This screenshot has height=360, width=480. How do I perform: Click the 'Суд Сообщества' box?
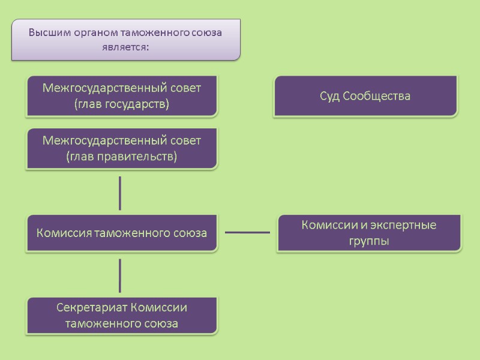(x=365, y=96)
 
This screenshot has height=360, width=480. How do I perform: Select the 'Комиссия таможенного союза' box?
(x=121, y=233)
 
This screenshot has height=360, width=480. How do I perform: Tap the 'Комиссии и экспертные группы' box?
(x=368, y=233)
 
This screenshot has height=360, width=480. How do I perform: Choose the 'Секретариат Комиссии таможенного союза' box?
(x=121, y=316)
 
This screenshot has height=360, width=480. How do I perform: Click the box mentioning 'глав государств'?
(x=121, y=96)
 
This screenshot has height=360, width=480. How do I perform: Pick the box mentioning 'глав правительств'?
(x=121, y=148)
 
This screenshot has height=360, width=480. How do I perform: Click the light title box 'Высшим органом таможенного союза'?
(x=125, y=39)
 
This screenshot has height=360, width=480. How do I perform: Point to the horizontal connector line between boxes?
(x=247, y=232)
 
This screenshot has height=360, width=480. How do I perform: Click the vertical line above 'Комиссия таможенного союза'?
(x=121, y=193)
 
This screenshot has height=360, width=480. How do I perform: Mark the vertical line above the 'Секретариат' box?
(x=121, y=275)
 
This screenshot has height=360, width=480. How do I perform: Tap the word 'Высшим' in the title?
(x=47, y=32)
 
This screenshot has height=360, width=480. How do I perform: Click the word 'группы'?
(x=368, y=241)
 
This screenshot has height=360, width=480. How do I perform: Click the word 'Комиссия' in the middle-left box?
(x=63, y=233)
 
